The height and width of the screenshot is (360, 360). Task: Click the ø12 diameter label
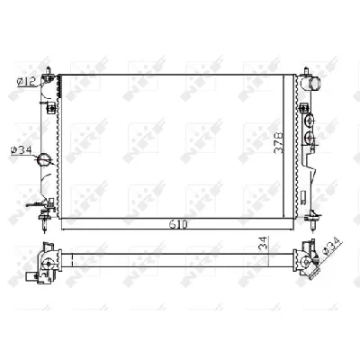[26, 81]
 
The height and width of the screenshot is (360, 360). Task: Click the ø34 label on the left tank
[21, 149]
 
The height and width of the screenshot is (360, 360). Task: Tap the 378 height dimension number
[279, 143]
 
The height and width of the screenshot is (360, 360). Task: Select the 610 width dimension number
[178, 224]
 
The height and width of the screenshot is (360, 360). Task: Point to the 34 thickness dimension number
[263, 243]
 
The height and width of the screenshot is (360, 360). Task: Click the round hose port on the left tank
[44, 159]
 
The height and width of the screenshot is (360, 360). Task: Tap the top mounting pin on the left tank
[48, 71]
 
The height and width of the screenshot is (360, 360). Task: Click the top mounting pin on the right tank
[306, 71]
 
